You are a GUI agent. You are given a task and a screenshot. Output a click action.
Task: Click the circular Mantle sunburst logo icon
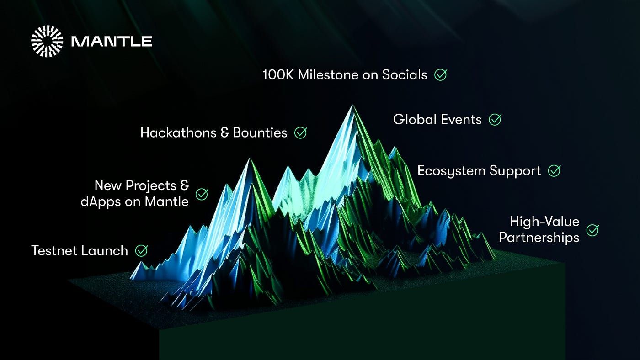point(47,42)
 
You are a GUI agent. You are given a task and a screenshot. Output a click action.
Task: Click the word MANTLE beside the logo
point(112,42)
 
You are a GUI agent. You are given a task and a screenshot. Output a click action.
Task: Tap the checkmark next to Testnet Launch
point(141,251)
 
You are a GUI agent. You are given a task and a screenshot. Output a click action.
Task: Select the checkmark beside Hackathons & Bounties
point(301,133)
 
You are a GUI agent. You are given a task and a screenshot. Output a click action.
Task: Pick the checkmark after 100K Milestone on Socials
point(441,75)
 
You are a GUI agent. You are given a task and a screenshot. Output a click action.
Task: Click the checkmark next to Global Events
point(495,119)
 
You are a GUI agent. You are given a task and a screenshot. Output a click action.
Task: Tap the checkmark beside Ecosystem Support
point(554,171)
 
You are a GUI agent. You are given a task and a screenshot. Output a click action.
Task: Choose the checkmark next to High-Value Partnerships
point(592,230)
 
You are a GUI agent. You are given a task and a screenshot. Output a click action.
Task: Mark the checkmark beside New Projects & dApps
point(202,194)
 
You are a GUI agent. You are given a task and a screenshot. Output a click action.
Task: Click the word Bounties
point(260,133)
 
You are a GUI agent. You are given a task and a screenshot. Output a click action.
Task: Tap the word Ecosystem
point(452,171)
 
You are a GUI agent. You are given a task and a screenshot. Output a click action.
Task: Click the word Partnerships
point(539,238)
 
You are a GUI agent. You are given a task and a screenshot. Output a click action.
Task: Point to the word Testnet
point(54,251)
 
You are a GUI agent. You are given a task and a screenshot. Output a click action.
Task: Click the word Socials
point(405,75)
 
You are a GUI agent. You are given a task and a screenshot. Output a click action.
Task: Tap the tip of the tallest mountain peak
point(352,106)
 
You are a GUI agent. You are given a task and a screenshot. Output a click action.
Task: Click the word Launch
point(104,251)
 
